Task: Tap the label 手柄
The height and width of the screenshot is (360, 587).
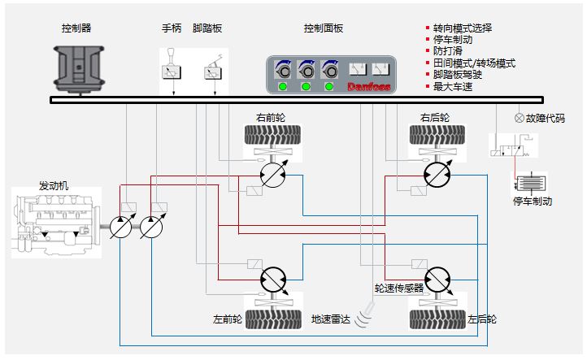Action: (172, 28)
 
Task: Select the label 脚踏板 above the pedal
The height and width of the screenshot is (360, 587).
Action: (207, 28)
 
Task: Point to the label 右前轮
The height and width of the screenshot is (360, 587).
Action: (271, 117)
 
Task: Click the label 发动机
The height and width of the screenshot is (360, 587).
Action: (54, 185)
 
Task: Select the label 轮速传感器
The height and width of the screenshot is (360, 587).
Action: (398, 288)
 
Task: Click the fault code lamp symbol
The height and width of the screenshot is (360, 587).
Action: (520, 117)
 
